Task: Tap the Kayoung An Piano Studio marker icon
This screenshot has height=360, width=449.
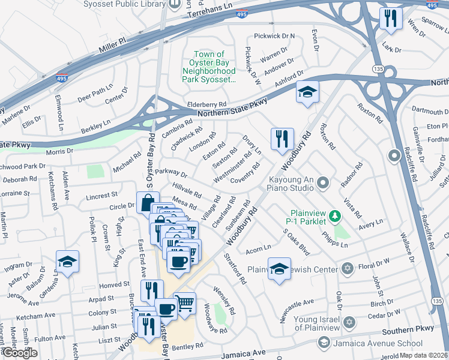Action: pos(324,181)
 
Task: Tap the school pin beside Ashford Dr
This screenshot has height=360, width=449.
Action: pos(307,92)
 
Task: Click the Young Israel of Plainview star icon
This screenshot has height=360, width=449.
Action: pos(348,323)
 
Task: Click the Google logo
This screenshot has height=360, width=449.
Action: pos(20,353)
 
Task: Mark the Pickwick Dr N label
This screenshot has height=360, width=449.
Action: pos(274,36)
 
